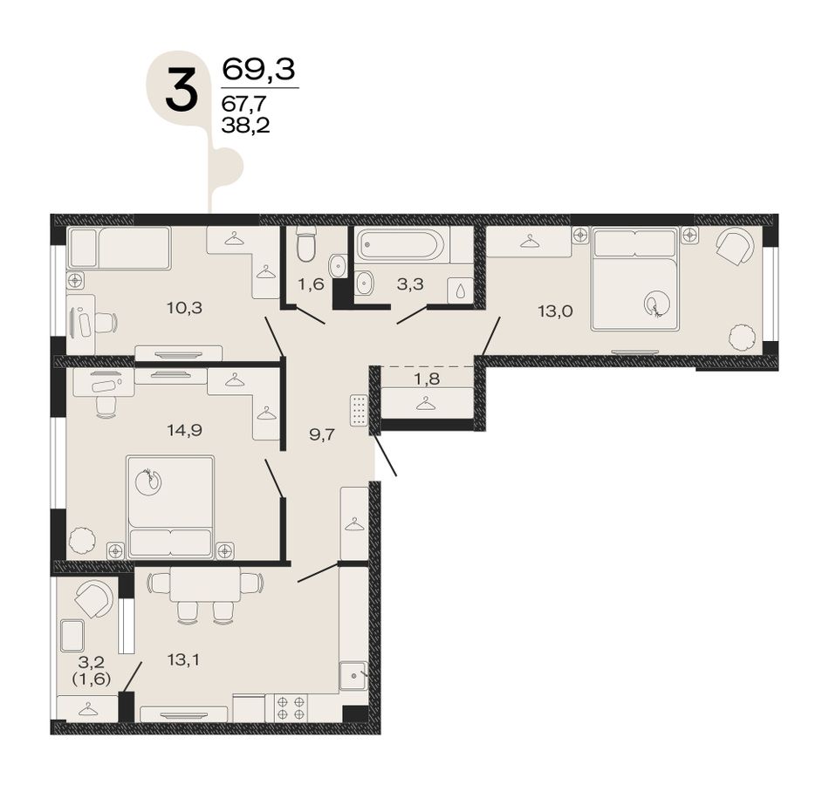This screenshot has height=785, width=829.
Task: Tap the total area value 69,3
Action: tap(258, 69)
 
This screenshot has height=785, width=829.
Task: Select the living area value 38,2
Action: tap(245, 126)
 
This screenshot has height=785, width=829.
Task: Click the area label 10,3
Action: tap(184, 307)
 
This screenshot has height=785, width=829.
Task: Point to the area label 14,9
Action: tap(184, 430)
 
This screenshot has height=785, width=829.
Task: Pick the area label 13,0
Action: tap(555, 311)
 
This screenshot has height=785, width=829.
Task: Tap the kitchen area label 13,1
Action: tap(183, 659)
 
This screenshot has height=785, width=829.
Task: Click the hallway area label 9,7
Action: tap(322, 435)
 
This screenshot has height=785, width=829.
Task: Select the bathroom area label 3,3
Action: tap(410, 283)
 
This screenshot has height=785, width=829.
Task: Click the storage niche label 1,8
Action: tap(428, 379)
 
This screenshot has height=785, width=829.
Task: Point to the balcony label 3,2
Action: tap(91, 661)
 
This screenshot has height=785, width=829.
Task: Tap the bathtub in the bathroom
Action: tap(402, 245)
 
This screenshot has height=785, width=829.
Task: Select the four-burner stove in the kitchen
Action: tap(291, 708)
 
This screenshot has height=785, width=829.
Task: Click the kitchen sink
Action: tap(353, 675)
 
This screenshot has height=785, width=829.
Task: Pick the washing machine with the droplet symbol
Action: tap(461, 290)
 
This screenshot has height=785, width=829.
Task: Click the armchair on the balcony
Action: tap(94, 599)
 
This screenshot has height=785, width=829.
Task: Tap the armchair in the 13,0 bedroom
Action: tap(735, 247)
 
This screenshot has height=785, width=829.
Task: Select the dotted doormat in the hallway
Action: tap(359, 410)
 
